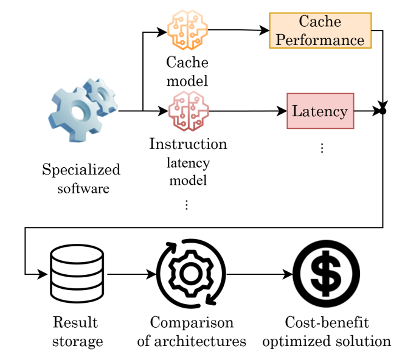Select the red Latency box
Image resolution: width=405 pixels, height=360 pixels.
(320, 111)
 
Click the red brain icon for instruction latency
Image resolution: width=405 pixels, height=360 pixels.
(188, 111)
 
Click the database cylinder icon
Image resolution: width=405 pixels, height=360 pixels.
(77, 274)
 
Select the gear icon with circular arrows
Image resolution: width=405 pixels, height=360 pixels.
(191, 274)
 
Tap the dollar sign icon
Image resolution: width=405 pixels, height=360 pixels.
(327, 274)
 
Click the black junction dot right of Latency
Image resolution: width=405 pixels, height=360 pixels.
(382, 111)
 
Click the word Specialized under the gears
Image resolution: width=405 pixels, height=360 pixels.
(81, 170)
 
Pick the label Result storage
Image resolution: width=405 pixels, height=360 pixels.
(77, 331)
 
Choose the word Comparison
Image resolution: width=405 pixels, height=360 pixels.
(192, 322)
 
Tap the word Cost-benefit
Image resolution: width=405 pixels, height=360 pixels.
(327, 322)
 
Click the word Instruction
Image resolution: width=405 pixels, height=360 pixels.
(188, 144)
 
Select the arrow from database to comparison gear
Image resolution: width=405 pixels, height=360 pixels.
(130, 274)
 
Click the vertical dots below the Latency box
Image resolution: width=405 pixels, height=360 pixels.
(322, 148)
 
